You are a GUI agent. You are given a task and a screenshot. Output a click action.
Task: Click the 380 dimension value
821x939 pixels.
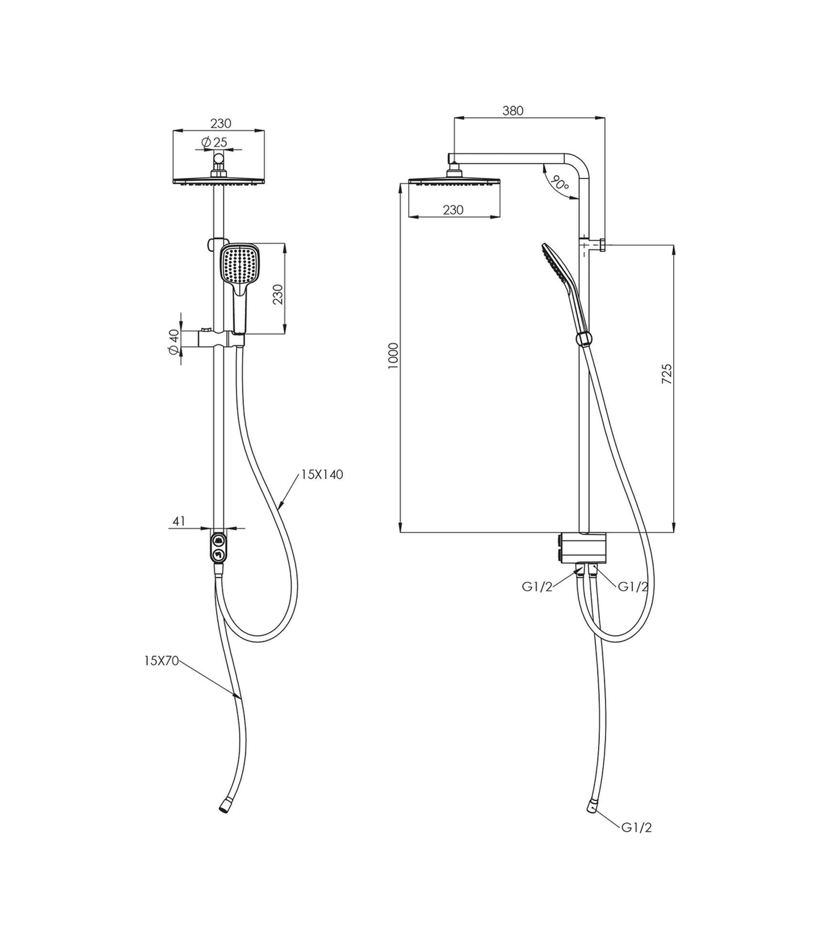pos(512,111)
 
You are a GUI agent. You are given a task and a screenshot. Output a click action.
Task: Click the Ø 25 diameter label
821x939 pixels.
pos(214,142)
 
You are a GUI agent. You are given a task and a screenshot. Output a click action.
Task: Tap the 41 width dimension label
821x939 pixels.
pos(179,521)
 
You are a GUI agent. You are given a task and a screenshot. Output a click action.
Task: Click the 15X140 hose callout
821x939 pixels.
pos(322,474)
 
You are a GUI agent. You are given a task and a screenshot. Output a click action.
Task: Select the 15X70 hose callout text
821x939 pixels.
pos(161,660)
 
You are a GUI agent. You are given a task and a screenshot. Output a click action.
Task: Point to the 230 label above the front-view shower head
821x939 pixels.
pos(221,123)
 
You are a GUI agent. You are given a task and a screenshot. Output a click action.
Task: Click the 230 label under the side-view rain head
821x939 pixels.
pos(453,210)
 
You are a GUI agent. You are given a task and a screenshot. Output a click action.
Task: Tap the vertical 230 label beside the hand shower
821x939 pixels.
pos(278,294)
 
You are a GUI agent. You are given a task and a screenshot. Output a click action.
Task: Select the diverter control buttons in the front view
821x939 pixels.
pos(218,547)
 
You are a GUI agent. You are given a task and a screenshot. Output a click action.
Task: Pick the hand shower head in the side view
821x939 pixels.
pos(558,265)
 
